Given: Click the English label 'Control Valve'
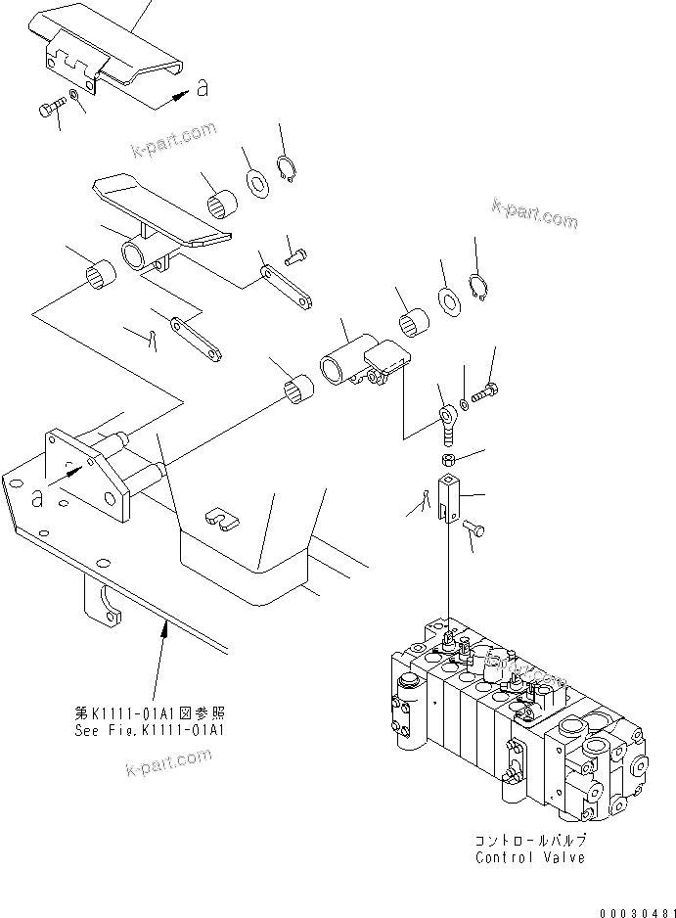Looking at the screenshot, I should coord(529,857).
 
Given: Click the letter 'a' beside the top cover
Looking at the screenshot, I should coord(203,89).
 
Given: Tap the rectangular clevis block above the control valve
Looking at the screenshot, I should coord(447,496).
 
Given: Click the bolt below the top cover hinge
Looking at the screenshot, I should coord(51,107).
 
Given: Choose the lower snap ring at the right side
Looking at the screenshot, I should coord(478,291).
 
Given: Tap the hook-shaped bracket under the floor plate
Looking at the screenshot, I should coord(102,601).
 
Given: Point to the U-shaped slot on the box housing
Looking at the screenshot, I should coord(223,519).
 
